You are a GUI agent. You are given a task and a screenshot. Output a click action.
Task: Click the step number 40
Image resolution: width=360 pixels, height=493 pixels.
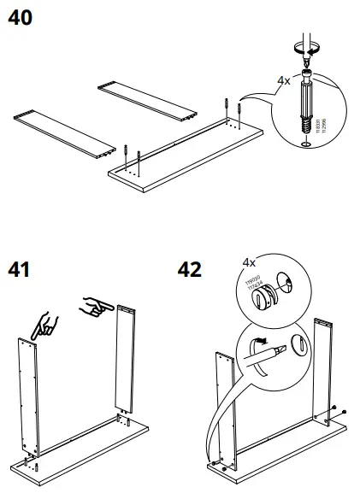(22, 18)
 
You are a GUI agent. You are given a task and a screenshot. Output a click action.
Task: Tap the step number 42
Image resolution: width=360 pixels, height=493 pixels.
(186, 270)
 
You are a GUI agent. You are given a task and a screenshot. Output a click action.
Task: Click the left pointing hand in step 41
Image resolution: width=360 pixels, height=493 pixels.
(45, 323)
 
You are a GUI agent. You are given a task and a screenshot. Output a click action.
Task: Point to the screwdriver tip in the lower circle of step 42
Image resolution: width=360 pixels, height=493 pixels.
(257, 346)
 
